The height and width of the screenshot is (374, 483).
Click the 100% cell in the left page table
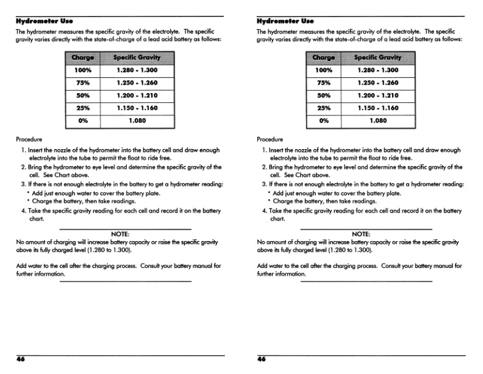(83, 70)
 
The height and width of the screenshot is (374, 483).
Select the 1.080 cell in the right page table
(378, 121)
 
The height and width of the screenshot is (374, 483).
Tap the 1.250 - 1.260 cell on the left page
(137, 83)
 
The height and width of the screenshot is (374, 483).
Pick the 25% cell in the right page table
(324, 108)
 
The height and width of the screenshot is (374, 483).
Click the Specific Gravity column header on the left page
(137, 58)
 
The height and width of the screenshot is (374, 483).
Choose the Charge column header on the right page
(324, 58)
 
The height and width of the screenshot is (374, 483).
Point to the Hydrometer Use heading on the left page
(38, 21)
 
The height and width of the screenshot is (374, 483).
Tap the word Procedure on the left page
(30, 139)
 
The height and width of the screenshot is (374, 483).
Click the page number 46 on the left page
(21, 359)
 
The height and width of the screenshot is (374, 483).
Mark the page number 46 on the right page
(262, 359)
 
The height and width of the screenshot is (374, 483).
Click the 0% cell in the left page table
(83, 121)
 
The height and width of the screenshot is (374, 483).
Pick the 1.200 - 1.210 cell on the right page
(378, 96)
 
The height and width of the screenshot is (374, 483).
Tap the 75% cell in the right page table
(324, 83)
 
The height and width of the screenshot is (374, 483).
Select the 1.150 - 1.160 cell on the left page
(137, 108)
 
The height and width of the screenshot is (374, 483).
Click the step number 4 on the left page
(23, 211)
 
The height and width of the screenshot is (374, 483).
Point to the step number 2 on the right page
(264, 167)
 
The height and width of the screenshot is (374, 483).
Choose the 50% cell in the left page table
(83, 96)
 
